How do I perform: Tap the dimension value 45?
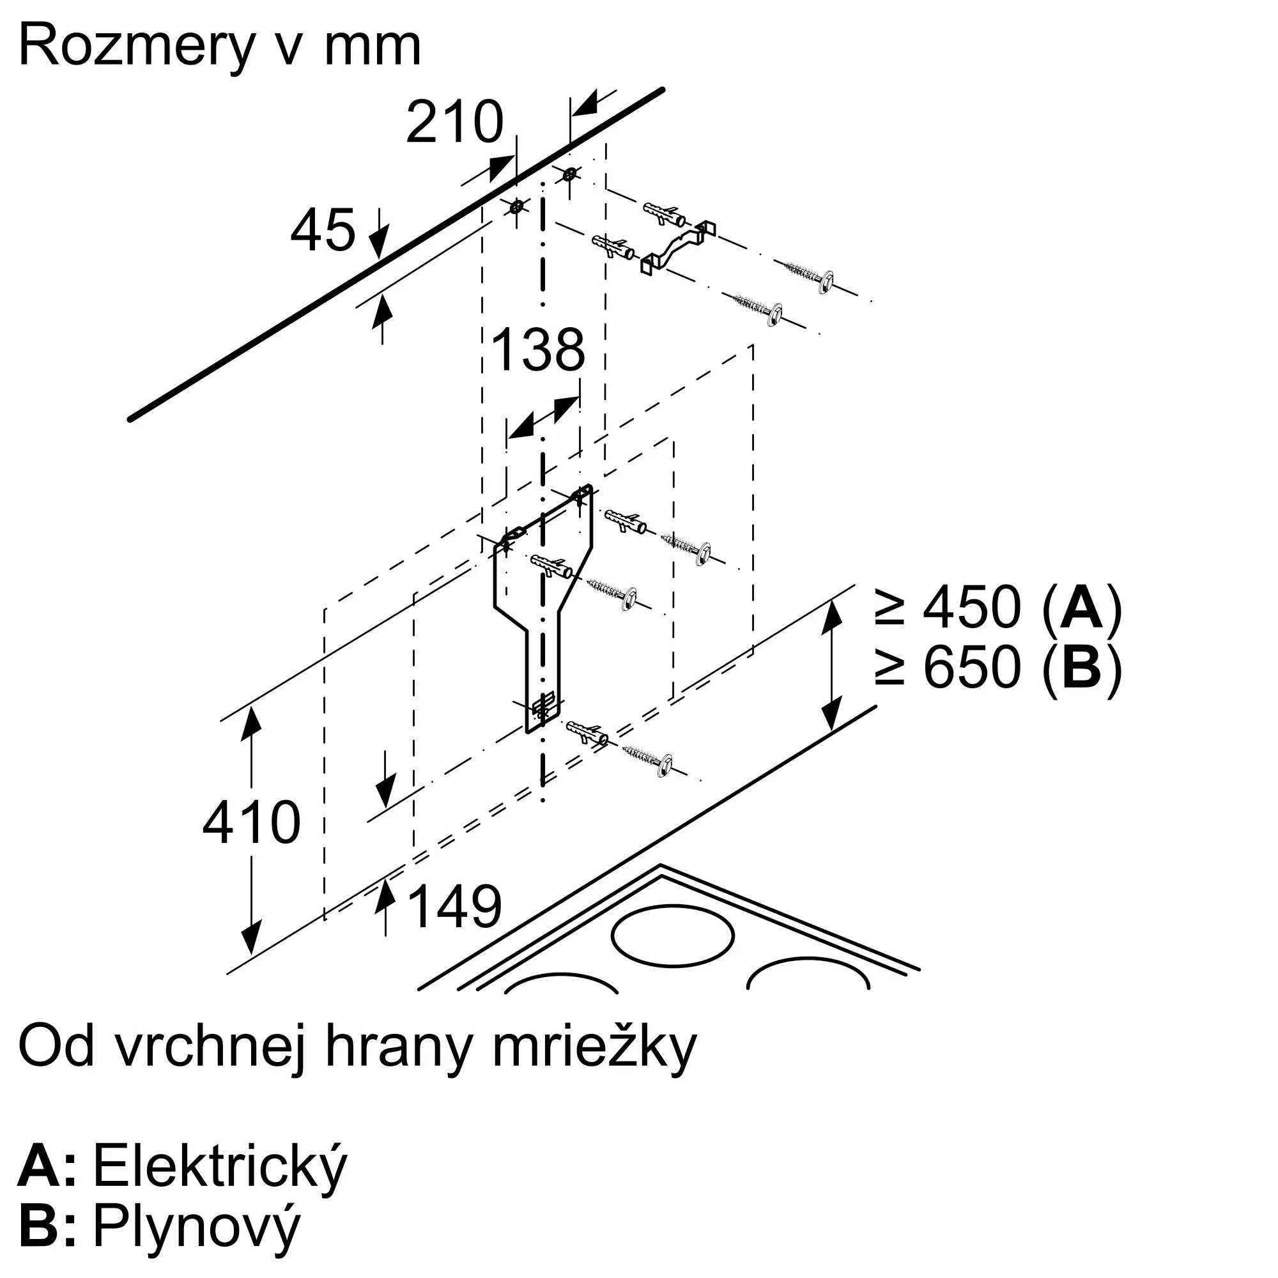pyautogui.click(x=323, y=230)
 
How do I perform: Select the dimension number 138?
pyautogui.click(x=539, y=350)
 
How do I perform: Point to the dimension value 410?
pyautogui.click(x=251, y=822)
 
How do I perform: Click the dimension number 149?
pyautogui.click(x=455, y=905)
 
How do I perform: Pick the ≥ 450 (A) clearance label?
pyautogui.click(x=997, y=607)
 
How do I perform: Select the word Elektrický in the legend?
pyautogui.click(x=220, y=1167)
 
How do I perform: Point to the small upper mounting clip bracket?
pyautogui.click(x=678, y=247)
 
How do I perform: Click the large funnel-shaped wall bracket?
pyautogui.click(x=543, y=608)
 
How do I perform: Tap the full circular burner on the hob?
pyautogui.click(x=672, y=935)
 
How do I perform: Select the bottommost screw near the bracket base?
pyautogui.click(x=647, y=760)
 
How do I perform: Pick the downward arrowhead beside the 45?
pyautogui.click(x=378, y=242)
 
